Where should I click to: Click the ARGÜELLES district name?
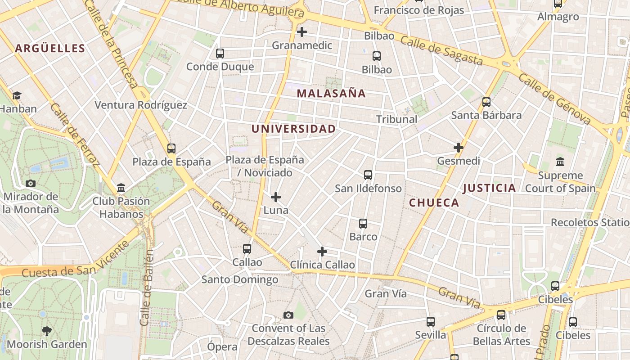point(50,49)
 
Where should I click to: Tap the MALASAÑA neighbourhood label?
point(331,94)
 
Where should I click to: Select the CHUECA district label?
point(434,203)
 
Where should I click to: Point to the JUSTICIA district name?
point(489,188)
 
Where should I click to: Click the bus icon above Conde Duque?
point(220,54)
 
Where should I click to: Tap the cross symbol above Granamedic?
point(302,32)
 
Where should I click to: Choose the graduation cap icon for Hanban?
point(17,96)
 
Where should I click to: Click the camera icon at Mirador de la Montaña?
point(31,183)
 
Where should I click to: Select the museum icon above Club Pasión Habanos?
point(121,188)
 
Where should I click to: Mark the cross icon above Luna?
point(276,197)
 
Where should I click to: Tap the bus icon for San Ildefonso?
point(368,175)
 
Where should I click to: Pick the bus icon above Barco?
point(363,224)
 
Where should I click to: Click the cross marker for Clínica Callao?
point(322,252)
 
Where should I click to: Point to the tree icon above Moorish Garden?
point(46,331)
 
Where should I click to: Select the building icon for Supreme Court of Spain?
point(560,162)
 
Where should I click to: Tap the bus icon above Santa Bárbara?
point(486,102)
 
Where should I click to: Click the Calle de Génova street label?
point(554,99)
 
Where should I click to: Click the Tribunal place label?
point(396,119)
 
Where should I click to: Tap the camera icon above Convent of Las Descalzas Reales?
point(288,315)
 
